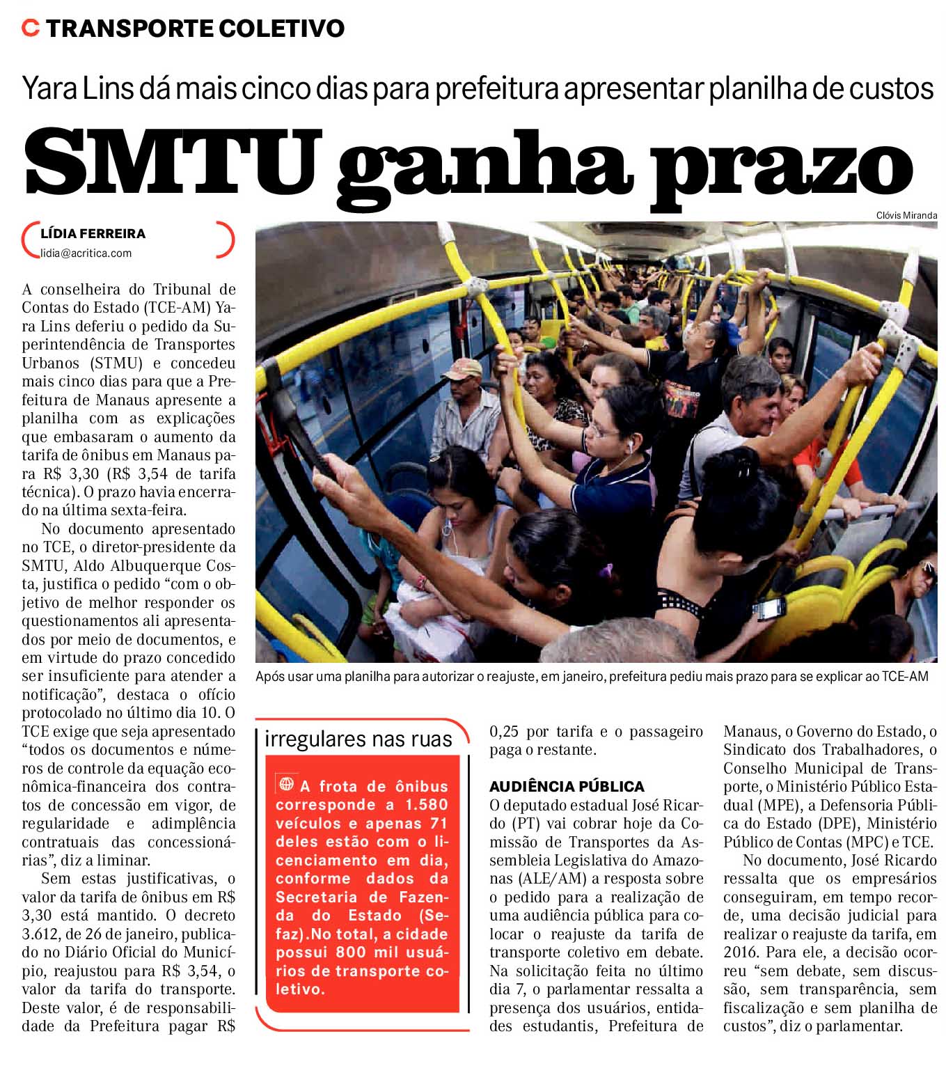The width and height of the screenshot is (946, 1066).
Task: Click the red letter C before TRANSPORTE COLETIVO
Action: (x=30, y=28)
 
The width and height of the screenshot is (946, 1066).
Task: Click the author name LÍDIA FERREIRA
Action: (x=93, y=234)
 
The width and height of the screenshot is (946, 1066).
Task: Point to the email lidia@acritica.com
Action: (x=86, y=253)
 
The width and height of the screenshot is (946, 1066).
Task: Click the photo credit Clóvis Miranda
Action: (x=906, y=215)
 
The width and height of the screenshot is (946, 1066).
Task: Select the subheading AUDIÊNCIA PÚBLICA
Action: (x=567, y=787)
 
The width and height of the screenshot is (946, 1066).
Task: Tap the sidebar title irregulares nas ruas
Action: (x=358, y=739)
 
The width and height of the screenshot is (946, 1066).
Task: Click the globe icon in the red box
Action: (x=285, y=784)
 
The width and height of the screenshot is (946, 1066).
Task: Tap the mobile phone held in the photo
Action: (x=770, y=608)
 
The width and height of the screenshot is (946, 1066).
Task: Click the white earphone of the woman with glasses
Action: (x=629, y=444)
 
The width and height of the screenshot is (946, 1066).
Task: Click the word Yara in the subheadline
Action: (x=51, y=89)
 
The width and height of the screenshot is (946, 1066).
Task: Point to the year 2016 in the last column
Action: (x=741, y=953)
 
